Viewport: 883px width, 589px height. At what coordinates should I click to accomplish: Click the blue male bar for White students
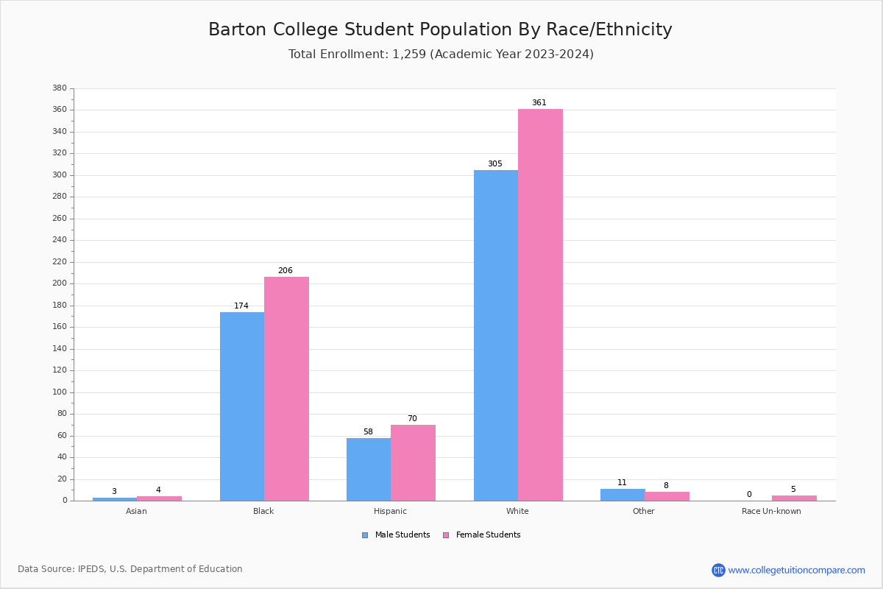[495, 335]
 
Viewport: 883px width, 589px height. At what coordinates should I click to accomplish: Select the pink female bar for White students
[540, 305]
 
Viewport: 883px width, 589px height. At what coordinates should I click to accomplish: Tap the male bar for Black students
[242, 406]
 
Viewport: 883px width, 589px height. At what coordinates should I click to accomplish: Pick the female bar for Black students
[286, 389]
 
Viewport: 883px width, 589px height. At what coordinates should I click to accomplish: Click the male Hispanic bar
[369, 469]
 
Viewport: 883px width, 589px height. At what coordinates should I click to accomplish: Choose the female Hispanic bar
[413, 462]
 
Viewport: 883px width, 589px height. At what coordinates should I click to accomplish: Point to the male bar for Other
[623, 495]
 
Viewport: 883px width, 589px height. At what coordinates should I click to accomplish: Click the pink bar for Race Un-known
[794, 498]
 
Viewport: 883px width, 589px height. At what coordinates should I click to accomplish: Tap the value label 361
[539, 103]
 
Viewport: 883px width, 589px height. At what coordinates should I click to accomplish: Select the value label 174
[241, 306]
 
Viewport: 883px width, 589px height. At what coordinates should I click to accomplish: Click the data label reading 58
[368, 432]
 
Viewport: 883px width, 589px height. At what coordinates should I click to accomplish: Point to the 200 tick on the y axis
[60, 283]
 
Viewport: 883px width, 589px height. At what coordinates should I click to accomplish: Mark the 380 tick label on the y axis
[60, 88]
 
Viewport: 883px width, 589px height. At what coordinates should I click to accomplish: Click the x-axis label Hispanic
[390, 511]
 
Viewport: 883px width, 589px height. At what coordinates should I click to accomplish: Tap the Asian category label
[136, 511]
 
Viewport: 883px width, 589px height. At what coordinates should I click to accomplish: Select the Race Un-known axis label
[771, 511]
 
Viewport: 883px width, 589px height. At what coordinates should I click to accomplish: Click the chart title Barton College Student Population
[440, 29]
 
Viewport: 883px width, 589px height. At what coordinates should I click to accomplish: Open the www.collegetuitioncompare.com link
[796, 570]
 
